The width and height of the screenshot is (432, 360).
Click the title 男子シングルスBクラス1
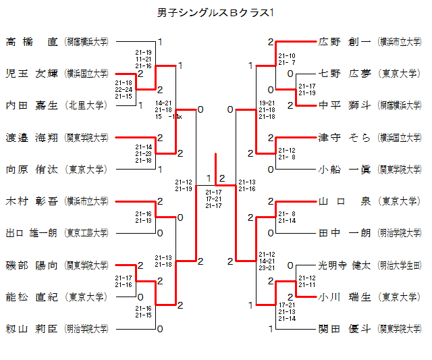click(x=215, y=12)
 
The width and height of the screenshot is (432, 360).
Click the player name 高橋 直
click(x=32, y=42)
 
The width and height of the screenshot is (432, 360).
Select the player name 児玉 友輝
click(x=32, y=73)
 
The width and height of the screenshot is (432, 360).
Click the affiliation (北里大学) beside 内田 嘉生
click(x=86, y=105)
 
